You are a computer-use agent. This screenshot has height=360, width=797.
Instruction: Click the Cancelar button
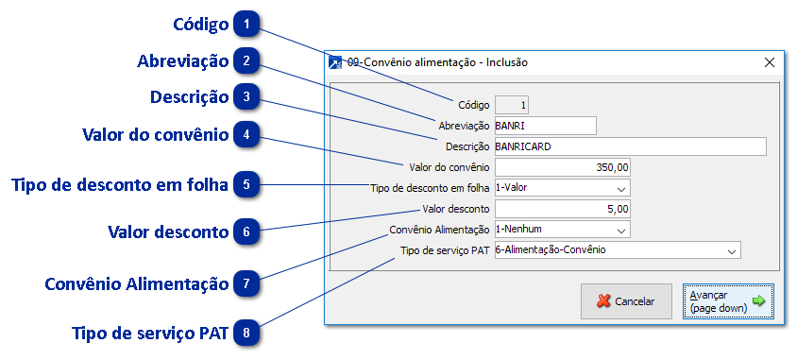tap(625, 301)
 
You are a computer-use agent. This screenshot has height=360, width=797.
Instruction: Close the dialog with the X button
tap(769, 62)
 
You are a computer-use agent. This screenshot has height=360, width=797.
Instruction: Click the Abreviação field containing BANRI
tap(544, 126)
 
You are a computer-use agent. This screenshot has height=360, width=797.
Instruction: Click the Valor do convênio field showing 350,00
tap(561, 167)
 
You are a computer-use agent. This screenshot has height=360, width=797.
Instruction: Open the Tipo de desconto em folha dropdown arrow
tap(620, 188)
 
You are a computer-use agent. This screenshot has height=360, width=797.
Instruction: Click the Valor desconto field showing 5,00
tap(561, 209)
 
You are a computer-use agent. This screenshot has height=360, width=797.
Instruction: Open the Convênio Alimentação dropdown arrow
tap(620, 230)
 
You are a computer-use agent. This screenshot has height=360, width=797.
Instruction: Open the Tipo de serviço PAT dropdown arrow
tap(731, 250)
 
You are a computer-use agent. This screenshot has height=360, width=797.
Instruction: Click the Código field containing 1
tap(512, 105)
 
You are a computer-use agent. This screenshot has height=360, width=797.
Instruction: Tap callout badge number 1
tap(246, 22)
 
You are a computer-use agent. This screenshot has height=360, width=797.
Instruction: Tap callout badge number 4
tap(246, 134)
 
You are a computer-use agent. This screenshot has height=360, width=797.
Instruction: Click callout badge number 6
tap(246, 231)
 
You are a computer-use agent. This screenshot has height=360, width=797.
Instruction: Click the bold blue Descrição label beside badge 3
tap(189, 97)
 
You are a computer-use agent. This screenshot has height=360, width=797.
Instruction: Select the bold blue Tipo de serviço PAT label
tap(150, 334)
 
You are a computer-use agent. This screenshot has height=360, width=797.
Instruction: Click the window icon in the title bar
tap(334, 62)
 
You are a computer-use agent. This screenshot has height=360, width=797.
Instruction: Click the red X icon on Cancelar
tap(602, 301)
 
